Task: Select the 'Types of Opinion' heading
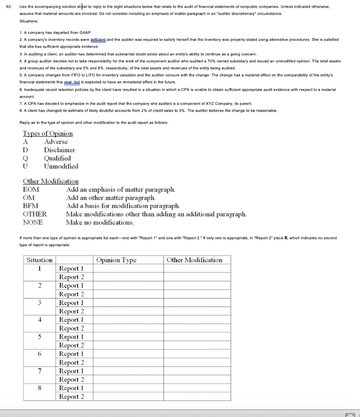click(x=48, y=134)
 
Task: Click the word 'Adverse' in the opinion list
click(x=56, y=142)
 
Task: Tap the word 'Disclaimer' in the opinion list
click(x=59, y=150)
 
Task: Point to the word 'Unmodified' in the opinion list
click(x=61, y=166)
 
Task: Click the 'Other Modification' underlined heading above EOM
click(x=50, y=181)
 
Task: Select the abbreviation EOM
click(x=31, y=189)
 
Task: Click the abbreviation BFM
click(x=31, y=206)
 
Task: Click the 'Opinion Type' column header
click(x=116, y=260)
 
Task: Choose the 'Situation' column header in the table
click(x=39, y=260)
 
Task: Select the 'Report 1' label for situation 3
click(x=71, y=303)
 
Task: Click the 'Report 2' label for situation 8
click(x=71, y=396)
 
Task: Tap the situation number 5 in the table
click(x=39, y=337)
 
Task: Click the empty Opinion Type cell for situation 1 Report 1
click(x=129, y=268)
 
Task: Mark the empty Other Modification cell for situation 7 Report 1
click(x=197, y=371)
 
